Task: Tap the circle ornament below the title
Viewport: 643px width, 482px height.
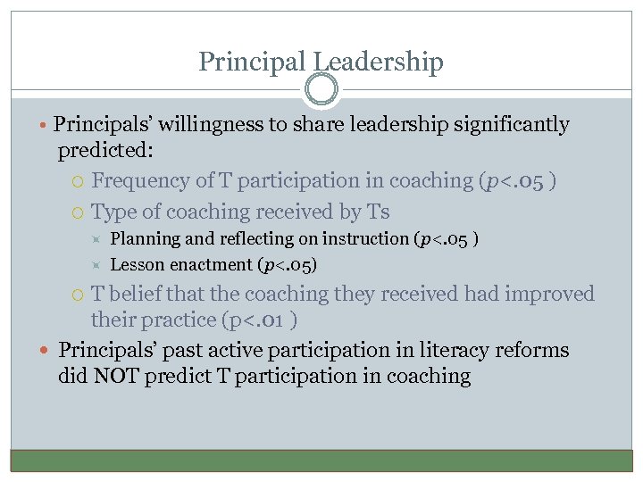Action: [321, 90]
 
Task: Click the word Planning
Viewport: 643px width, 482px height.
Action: [142, 239]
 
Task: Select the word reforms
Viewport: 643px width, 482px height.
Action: [535, 351]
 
